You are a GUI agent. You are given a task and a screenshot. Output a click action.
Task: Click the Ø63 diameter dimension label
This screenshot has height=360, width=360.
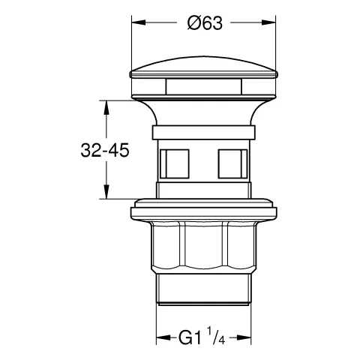coord(205,23)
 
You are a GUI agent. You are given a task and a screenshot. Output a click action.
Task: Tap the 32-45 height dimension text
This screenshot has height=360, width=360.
coord(105,150)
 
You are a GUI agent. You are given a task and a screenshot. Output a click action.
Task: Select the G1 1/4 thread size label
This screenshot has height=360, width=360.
coord(202,337)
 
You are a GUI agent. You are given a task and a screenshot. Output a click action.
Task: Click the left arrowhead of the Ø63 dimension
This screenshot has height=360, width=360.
coord(139,22)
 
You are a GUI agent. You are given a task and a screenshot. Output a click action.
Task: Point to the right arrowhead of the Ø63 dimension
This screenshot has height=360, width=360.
coord(268,22)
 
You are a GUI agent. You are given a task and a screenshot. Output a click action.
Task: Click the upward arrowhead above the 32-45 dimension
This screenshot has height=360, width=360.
coord(106,108)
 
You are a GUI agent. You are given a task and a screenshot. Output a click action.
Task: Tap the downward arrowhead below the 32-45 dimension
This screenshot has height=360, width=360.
coord(106,192)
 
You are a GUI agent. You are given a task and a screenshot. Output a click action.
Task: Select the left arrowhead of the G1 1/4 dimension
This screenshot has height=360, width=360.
coord(163,337)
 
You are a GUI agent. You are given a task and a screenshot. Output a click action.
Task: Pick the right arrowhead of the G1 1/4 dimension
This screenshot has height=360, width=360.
coord(244,337)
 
